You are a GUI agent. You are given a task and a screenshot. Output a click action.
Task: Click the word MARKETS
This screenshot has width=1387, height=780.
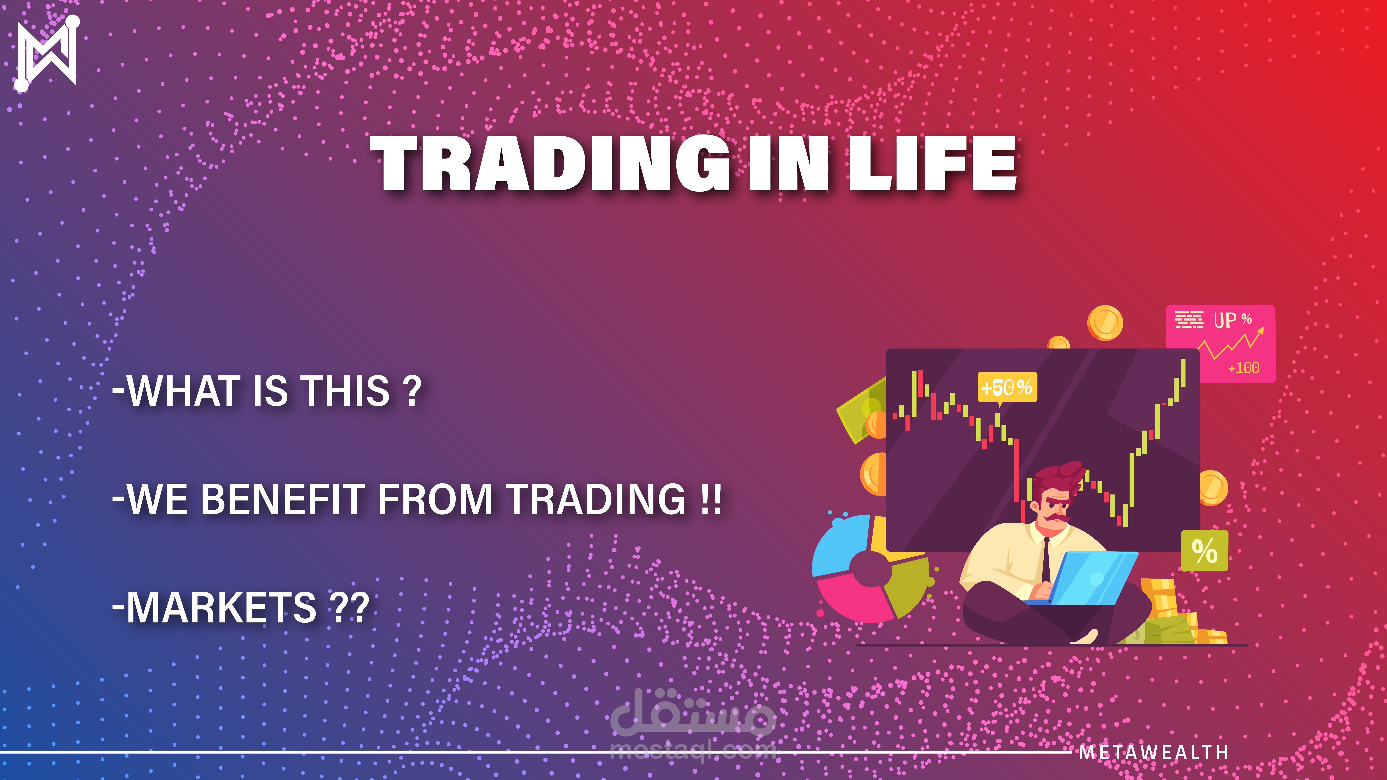tap(221, 607)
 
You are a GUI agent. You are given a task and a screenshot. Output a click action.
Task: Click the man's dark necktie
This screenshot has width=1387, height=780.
tap(1046, 560)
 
